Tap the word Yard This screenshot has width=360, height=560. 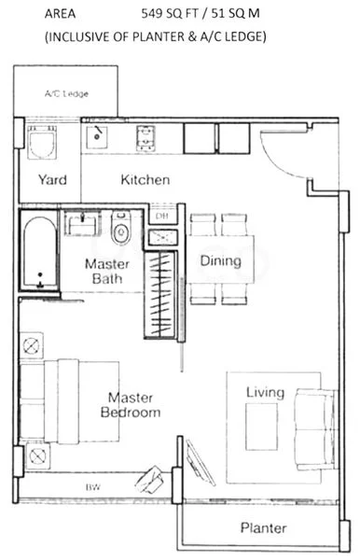point(51,179)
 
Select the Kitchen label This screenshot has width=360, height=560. point(145,179)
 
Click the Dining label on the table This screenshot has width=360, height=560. point(221,262)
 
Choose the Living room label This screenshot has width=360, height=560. point(265,393)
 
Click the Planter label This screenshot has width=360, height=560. point(264,527)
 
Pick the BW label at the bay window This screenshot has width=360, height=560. point(92,487)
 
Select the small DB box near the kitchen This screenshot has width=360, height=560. point(161,217)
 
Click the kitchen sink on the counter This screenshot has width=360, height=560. point(98,137)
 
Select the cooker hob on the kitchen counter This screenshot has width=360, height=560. point(146,138)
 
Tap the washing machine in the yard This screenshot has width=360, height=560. point(41,146)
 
